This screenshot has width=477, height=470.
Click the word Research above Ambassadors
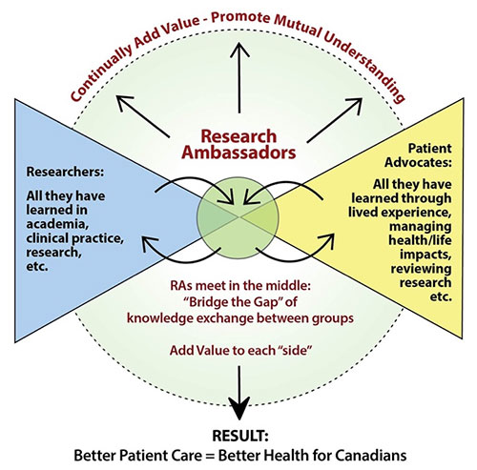tap(238, 136)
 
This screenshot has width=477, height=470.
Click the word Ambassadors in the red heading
tap(238, 153)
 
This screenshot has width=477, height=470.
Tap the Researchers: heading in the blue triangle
tap(65, 172)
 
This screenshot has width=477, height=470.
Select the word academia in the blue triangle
tap(57, 224)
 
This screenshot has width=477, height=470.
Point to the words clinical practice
tap(75, 238)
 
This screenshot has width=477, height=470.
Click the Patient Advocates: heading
tap(418, 155)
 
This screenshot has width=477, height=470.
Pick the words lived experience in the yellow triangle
tap(400, 213)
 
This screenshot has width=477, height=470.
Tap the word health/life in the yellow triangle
tap(420, 240)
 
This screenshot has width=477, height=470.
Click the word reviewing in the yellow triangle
tap(421, 269)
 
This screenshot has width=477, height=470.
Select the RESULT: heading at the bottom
tap(240, 436)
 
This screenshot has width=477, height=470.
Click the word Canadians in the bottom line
tap(371, 456)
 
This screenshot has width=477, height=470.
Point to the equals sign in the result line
tap(210, 456)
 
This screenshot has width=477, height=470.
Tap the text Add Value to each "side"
tap(240, 351)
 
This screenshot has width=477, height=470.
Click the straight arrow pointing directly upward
tap(239, 78)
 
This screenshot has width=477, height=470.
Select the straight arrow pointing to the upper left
tap(143, 116)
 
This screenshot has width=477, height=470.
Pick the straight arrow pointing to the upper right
tap(335, 120)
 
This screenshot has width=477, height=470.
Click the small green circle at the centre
tap(238, 218)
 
